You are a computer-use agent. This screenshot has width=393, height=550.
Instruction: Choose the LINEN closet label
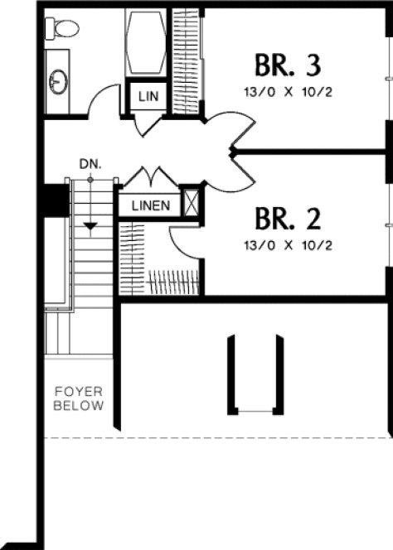click(150, 205)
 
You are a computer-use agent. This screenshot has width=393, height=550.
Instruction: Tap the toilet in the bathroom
click(61, 29)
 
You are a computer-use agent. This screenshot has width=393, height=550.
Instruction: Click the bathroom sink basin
click(58, 80)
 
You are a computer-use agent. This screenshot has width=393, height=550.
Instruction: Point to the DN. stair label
click(90, 164)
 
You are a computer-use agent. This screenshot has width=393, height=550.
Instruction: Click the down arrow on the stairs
click(90, 224)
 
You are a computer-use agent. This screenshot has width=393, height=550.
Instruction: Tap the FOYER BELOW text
click(79, 398)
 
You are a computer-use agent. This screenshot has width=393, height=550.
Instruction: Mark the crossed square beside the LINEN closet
click(192, 204)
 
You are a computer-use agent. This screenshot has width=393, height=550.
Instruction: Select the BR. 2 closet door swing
click(183, 240)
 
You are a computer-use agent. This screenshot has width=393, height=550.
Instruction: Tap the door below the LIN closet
click(146, 124)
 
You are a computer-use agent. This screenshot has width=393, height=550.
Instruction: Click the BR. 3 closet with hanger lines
click(187, 58)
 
